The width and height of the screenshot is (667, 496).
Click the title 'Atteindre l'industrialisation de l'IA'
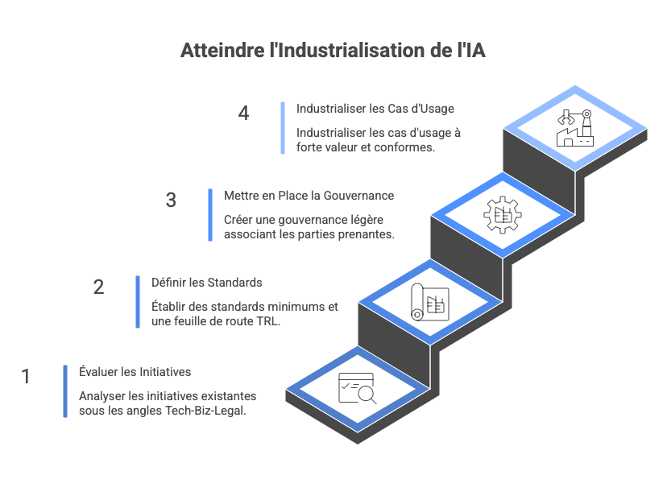pos(333,51)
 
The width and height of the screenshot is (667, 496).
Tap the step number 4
pos(244,113)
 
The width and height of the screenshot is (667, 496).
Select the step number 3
pos(171,200)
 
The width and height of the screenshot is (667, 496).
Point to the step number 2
pos(99,287)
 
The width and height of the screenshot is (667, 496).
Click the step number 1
pos(26,375)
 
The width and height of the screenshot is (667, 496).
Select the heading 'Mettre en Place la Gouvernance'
pos(309,196)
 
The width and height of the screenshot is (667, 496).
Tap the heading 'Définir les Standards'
pos(207,283)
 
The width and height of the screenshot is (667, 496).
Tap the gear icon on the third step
pos(500,215)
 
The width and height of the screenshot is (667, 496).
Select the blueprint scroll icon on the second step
pos(429,303)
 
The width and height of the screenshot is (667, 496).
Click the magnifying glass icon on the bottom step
pos(357,391)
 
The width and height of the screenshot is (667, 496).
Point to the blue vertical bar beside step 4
pos(283,127)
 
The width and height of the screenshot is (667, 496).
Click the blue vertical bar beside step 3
pos(210,214)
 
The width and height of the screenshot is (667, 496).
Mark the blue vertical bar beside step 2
pos(138,302)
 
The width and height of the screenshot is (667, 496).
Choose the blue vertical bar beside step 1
pos(65,391)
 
